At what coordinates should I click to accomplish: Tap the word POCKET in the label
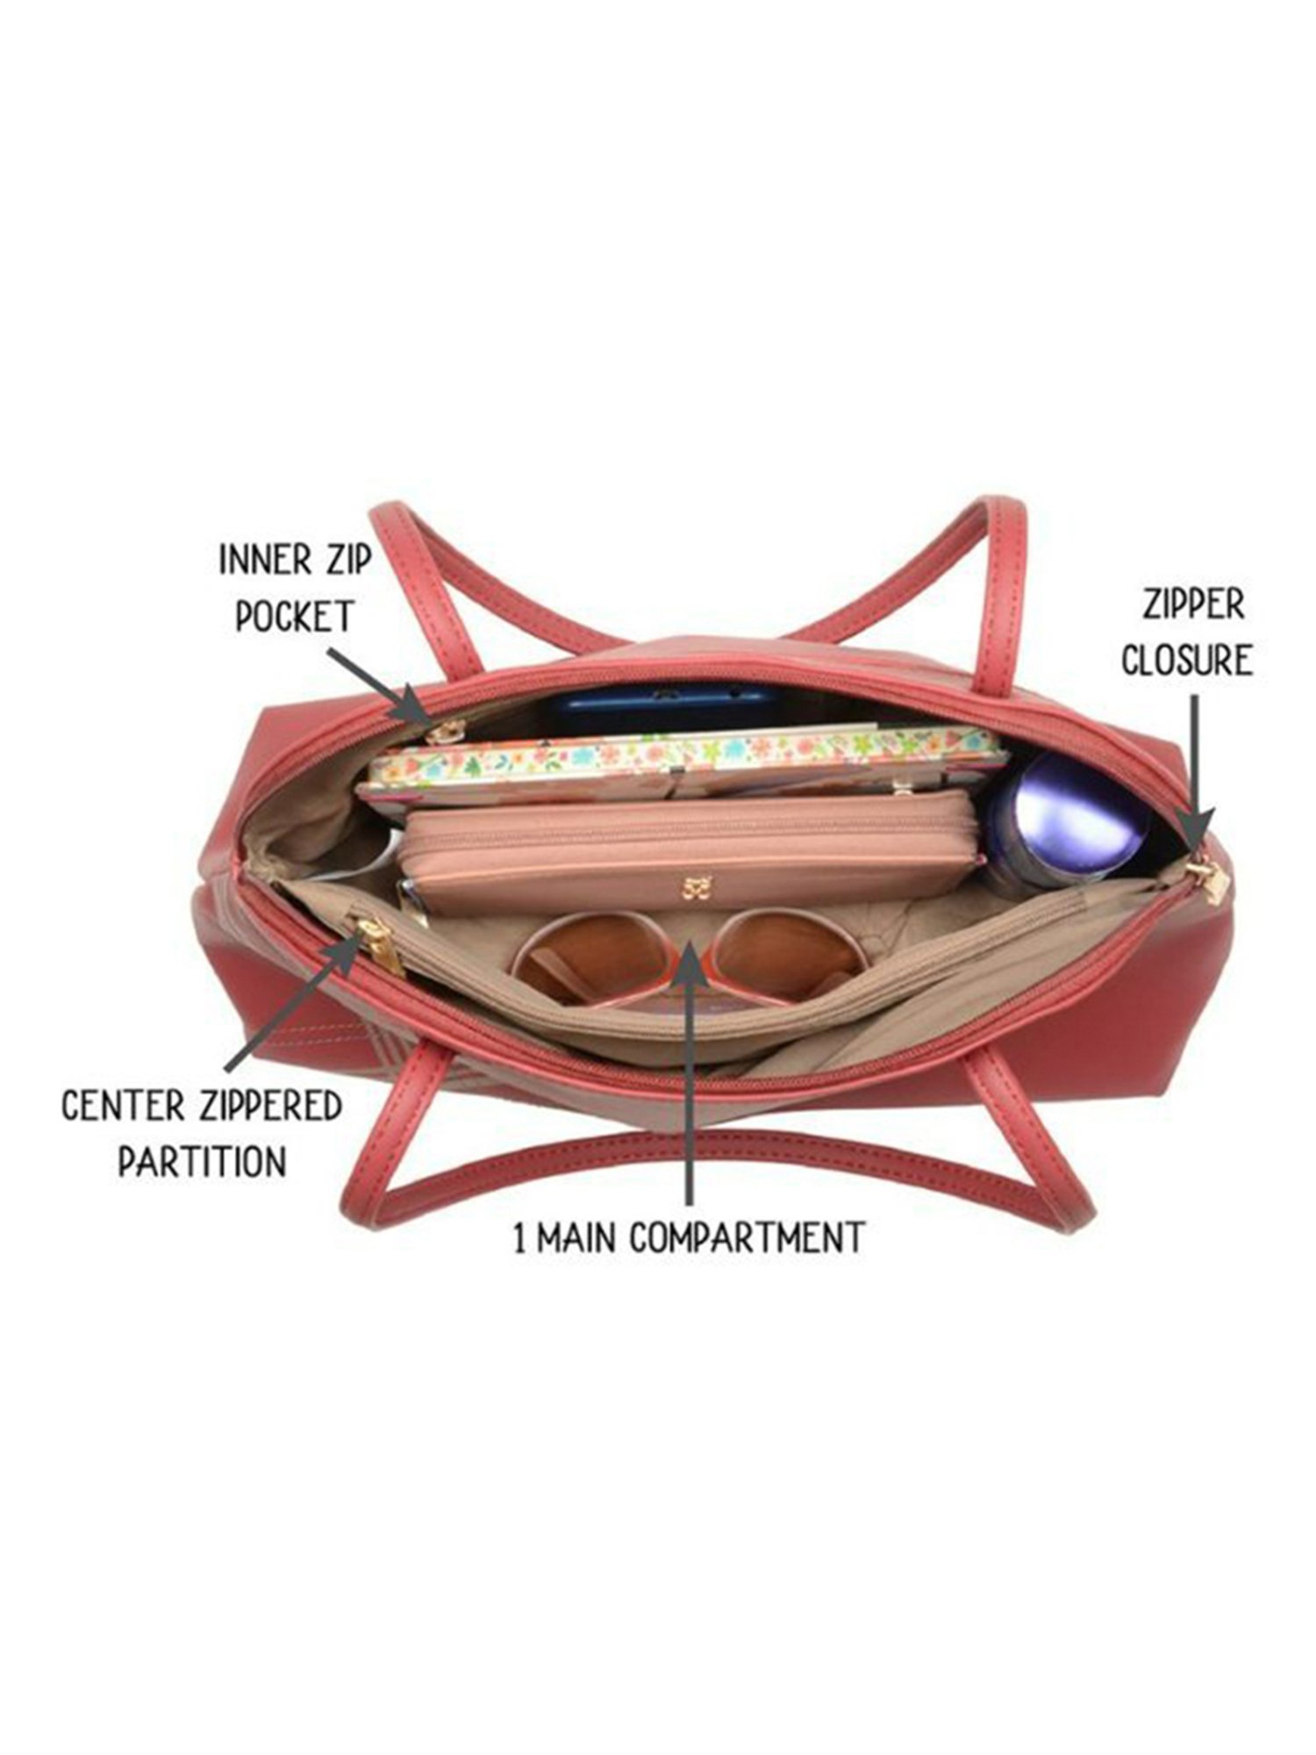tap(294, 617)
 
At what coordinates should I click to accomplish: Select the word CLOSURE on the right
tap(1186, 660)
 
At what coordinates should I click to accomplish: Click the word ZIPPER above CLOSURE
tap(1193, 605)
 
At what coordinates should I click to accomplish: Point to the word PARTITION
tap(203, 1162)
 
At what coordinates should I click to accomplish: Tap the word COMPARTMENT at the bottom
tap(747, 1238)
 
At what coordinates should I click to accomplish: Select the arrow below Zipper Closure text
tap(1194, 772)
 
